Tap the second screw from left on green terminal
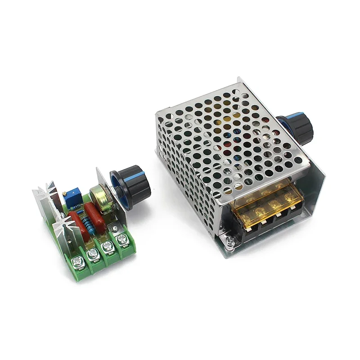(x=93, y=254)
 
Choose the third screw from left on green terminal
(x=108, y=247)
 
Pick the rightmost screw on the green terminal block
(x=121, y=241)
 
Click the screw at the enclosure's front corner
(x=230, y=242)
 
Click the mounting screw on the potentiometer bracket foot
(x=118, y=229)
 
